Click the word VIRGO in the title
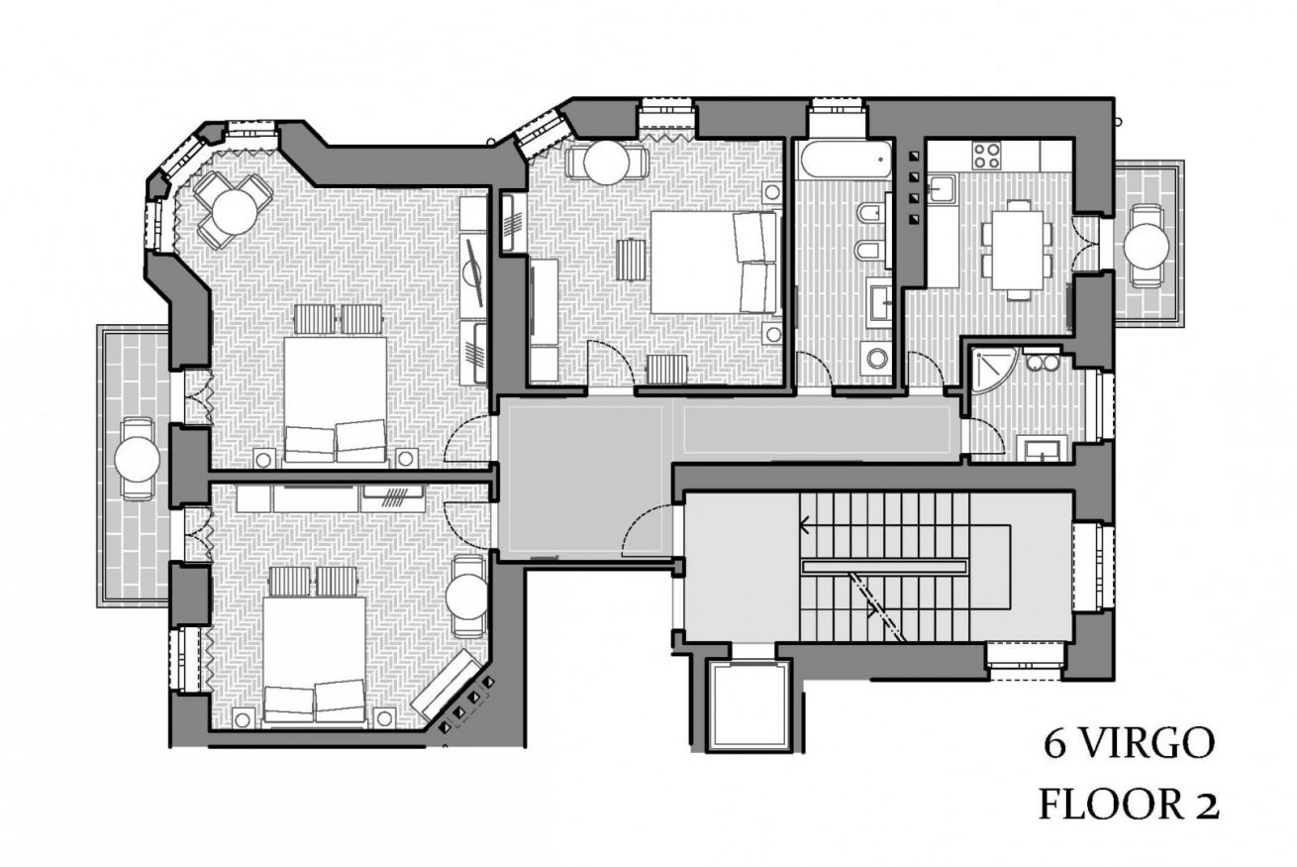tap(1146, 745)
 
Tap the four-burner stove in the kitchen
tap(987, 156)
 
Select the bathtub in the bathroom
tap(845, 160)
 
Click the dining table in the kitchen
tap(1019, 250)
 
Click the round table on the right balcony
tap(1147, 246)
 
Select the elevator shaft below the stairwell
tap(749, 706)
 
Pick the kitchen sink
tap(942, 189)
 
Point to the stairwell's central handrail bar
tap(883, 567)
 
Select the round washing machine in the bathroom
tap(877, 358)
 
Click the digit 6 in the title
tap(1055, 745)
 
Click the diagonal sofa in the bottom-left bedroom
tap(446, 683)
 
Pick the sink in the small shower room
tap(1043, 449)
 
